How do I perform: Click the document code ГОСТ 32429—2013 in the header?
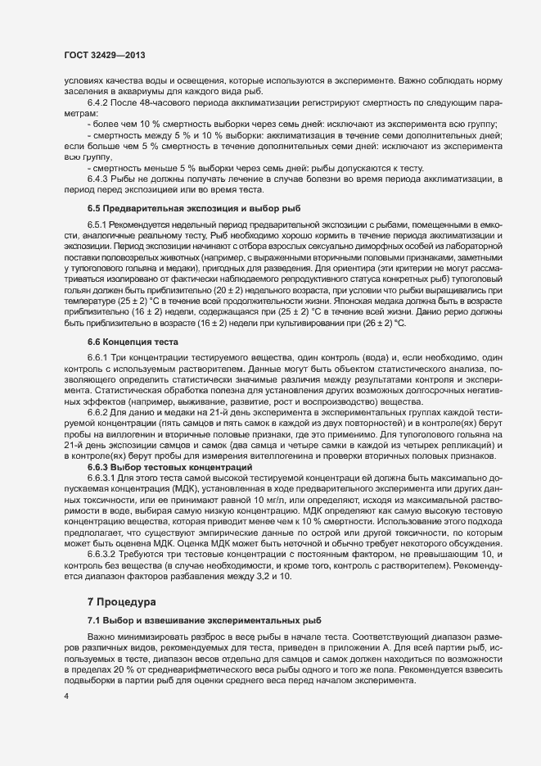[106, 56]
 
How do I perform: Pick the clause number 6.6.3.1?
[103, 476]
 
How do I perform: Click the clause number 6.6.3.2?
[103, 555]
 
